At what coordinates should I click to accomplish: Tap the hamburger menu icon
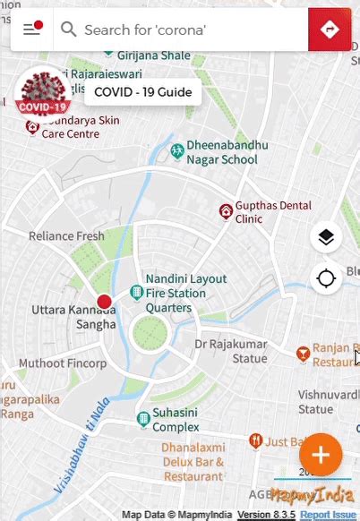(x=32, y=30)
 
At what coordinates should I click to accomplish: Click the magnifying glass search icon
(x=68, y=30)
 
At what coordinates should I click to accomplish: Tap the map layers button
(x=326, y=237)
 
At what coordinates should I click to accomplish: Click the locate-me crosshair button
(x=326, y=278)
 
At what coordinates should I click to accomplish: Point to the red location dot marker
(x=104, y=302)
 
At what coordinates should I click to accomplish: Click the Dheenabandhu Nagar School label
(x=221, y=152)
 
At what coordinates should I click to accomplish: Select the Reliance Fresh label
(x=66, y=236)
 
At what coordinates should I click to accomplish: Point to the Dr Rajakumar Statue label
(x=231, y=351)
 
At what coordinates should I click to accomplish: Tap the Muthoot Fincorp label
(x=63, y=363)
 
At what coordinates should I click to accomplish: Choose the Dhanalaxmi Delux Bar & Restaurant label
(x=181, y=464)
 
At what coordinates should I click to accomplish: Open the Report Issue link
(x=328, y=515)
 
